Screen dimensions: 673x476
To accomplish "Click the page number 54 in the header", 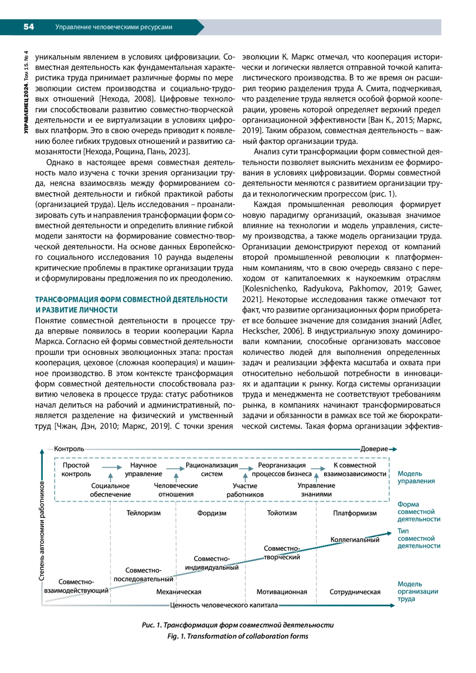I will coord(29,27).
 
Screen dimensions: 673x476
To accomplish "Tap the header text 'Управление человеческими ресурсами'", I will coord(114,27).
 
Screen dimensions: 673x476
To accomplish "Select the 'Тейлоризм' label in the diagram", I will coord(144,513).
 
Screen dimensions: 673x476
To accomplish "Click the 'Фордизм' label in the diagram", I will coord(212,513).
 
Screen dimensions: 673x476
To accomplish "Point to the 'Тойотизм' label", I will coord(282,513).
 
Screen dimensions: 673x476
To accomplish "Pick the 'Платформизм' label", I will coord(355,513).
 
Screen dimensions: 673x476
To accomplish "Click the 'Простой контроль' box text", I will coord(76,470).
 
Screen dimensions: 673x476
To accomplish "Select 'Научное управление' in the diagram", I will coord(144,470).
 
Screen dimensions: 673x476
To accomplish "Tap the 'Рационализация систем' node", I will coord(212,470).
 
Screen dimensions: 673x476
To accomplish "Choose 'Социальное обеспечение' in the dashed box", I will coord(110,490).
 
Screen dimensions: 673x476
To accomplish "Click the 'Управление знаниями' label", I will coord(316,490).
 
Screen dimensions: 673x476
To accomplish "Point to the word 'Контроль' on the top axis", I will coord(69,449).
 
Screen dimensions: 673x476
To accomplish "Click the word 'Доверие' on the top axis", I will coord(374,449).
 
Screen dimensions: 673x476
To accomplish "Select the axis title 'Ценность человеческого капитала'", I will coord(224,605).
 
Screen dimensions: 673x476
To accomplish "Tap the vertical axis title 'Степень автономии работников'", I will coord(42,531).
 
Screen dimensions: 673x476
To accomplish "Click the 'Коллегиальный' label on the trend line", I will coord(355,540).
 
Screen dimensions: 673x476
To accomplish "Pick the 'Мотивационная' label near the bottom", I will coord(282,592).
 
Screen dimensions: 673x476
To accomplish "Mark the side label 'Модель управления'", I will coord(416,477).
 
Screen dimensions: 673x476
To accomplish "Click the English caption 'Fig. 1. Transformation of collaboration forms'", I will coord(238,636).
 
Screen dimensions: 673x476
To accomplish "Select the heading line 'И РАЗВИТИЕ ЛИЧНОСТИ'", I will coord(77,310).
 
